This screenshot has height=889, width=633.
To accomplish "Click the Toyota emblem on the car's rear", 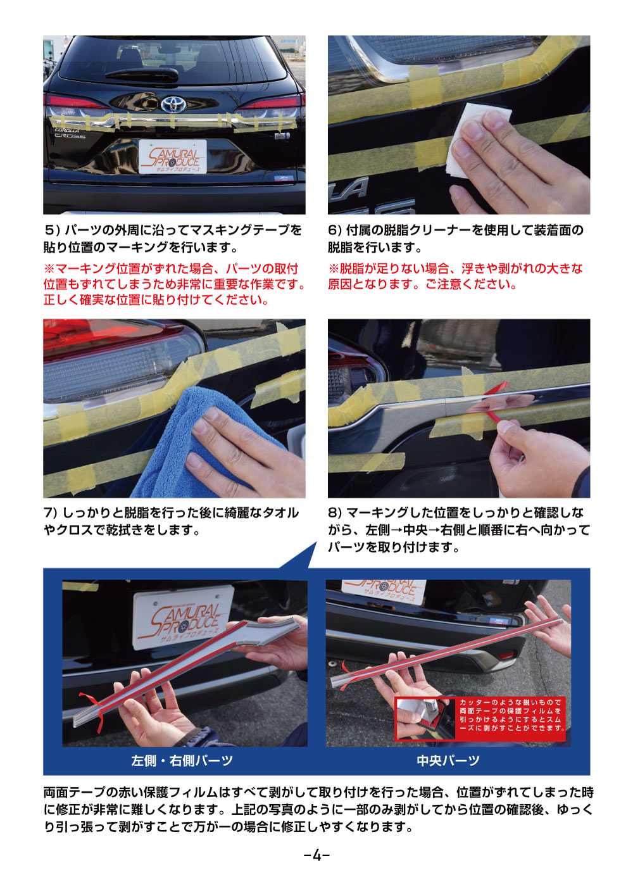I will click(x=173, y=104).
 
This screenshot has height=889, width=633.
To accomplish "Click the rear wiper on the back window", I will click(x=143, y=73).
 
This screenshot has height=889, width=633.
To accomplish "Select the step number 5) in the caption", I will click(x=52, y=230).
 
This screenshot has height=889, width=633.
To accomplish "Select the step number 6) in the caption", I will click(x=335, y=230).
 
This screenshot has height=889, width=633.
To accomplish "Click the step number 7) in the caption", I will click(x=51, y=513).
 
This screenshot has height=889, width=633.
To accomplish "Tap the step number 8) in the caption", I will click(x=335, y=513).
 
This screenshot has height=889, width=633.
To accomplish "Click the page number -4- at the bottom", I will click(x=316, y=855).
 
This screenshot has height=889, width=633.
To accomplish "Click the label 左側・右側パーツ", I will click(x=182, y=760).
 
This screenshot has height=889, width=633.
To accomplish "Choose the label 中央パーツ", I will click(x=448, y=760).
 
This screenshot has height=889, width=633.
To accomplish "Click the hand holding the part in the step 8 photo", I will click(x=535, y=459).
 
